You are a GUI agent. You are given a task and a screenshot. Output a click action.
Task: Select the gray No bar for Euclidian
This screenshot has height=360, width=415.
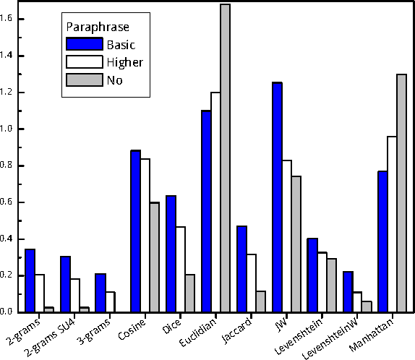pos(225,158)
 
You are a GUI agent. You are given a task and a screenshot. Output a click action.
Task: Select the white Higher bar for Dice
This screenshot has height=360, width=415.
pos(181,269)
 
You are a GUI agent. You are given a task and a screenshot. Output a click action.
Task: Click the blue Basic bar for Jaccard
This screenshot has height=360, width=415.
pos(241,269)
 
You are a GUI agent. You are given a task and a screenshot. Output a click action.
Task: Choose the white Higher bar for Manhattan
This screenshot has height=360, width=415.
pos(392,224)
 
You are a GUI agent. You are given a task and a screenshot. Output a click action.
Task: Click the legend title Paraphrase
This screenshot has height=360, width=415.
pos(98,27)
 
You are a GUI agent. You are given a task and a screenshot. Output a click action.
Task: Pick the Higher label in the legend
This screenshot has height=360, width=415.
pos(125,62)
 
